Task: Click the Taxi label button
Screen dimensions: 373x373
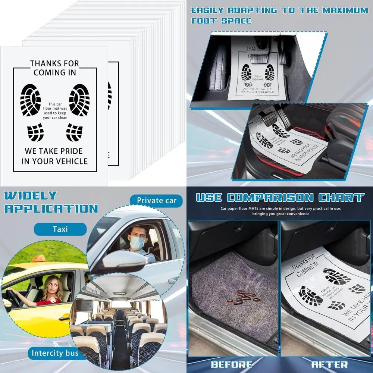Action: tap(60, 229)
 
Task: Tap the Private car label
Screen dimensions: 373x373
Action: tap(157, 201)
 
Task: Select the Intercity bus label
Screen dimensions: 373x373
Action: tap(55, 353)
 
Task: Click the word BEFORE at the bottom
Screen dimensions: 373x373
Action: tap(231, 364)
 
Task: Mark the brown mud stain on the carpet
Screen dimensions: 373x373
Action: tap(242, 297)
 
